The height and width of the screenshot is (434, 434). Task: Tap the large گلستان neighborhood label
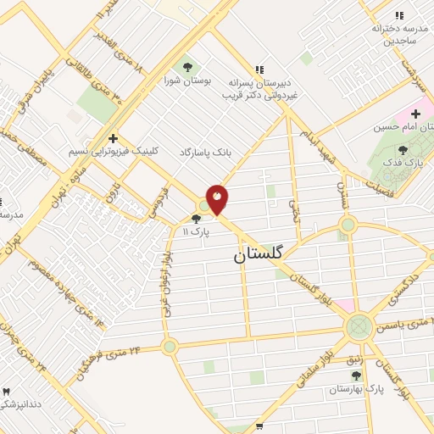[x=259, y=253]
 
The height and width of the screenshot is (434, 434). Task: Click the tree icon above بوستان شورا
[x=187, y=65]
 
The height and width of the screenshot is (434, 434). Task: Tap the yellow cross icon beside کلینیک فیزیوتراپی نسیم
[x=112, y=137]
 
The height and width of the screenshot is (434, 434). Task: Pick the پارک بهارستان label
[x=356, y=389]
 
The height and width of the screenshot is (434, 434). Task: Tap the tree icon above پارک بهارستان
[x=356, y=376]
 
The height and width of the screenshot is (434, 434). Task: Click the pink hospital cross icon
[x=415, y=114]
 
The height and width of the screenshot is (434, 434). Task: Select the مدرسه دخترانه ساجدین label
[x=396, y=34]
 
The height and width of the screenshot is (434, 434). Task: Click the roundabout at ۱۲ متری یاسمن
[x=359, y=325]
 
